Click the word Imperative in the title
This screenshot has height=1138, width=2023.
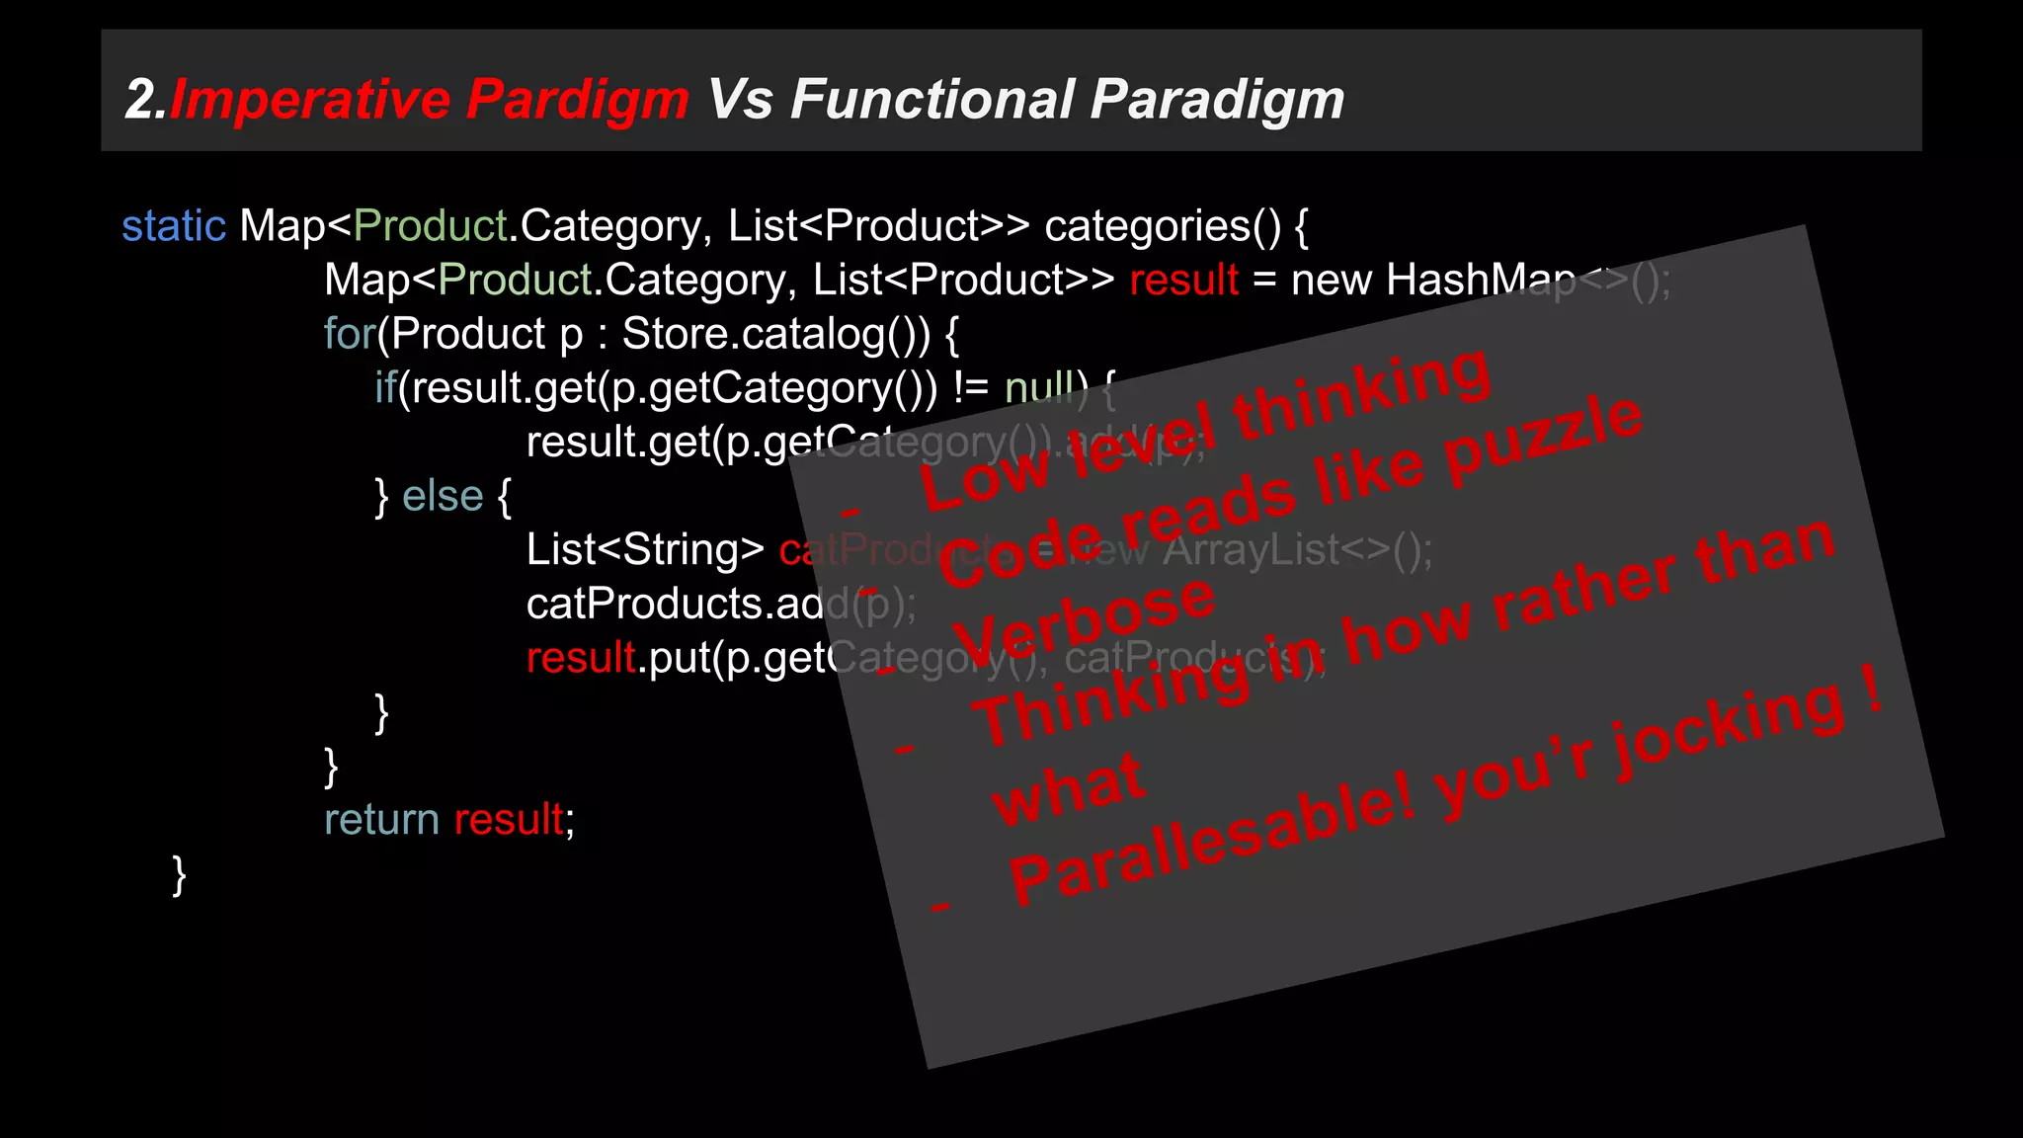click(x=312, y=100)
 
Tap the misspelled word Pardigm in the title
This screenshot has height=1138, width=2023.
click(x=577, y=100)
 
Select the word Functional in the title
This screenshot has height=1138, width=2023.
click(x=932, y=100)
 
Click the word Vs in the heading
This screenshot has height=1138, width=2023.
click(x=740, y=100)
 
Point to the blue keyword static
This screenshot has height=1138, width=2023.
click(x=174, y=226)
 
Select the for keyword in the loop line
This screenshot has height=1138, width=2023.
click(x=349, y=334)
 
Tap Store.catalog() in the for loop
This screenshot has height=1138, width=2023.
click(x=775, y=334)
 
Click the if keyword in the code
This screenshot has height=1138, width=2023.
click(x=385, y=388)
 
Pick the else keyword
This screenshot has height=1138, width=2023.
click(x=443, y=496)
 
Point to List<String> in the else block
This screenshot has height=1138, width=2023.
click(x=645, y=550)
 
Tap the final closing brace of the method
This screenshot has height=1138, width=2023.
click(x=179, y=874)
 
